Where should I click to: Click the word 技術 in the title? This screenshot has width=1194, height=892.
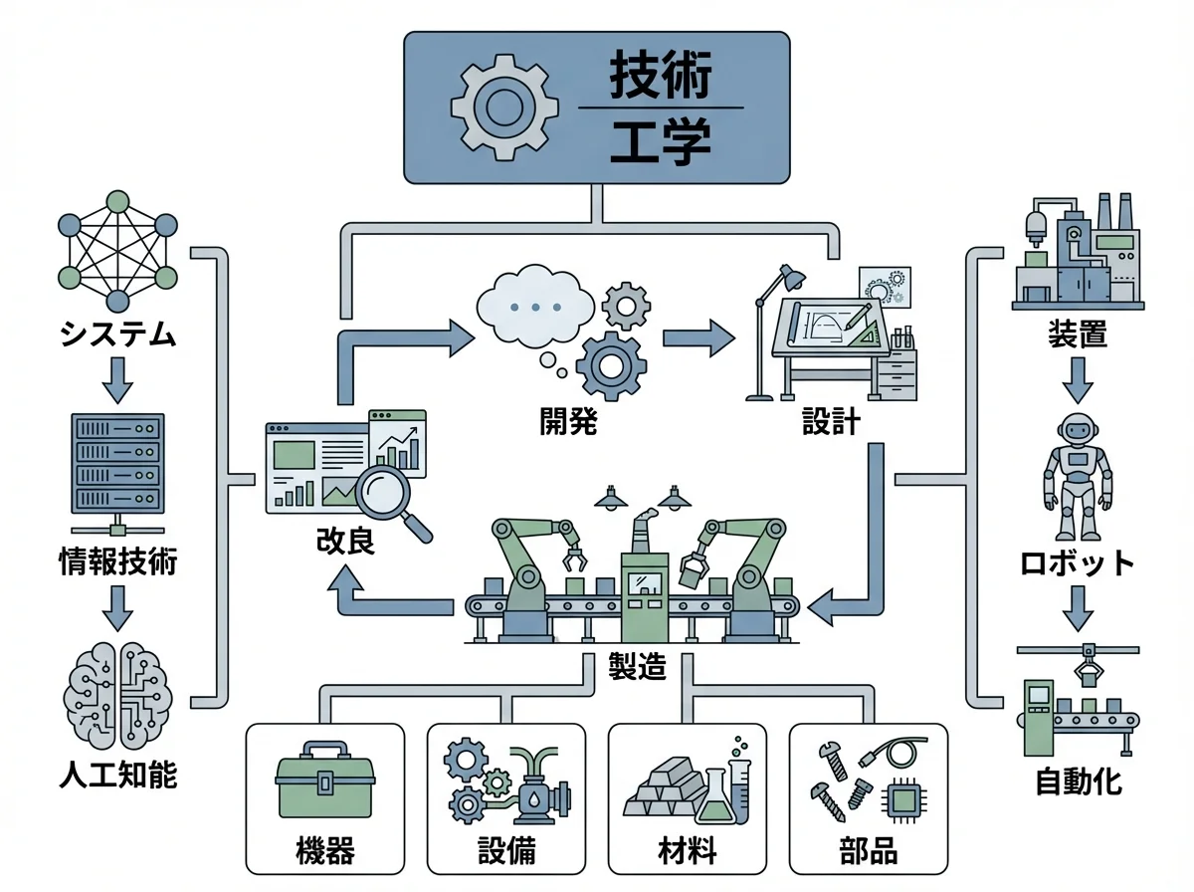click(660, 75)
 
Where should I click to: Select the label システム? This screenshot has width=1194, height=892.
click(117, 334)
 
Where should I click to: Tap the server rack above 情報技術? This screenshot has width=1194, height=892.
click(117, 463)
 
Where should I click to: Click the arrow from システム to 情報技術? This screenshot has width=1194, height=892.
click(117, 376)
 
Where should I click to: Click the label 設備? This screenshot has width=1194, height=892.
click(506, 852)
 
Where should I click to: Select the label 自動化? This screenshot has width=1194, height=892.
click(1080, 780)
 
